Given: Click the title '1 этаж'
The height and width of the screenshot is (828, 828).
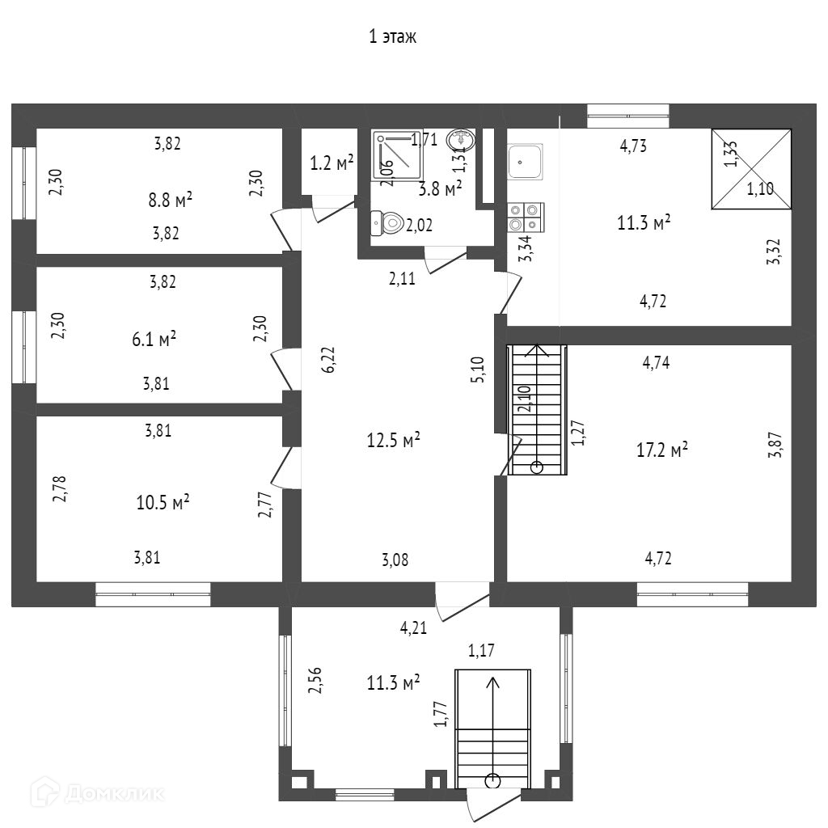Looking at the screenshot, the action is tap(392, 36).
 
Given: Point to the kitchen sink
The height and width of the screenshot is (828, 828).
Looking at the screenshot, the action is tap(526, 162).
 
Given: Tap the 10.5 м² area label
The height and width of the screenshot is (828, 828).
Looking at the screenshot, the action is tap(163, 503).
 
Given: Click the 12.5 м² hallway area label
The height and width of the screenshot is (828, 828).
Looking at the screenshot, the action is tap(393, 441).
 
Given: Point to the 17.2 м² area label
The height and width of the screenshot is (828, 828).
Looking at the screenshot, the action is tap(662, 449).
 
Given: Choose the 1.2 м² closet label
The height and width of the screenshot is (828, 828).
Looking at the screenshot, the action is tap(332, 163).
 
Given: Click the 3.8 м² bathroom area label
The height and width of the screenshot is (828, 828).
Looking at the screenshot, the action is tap(441, 189).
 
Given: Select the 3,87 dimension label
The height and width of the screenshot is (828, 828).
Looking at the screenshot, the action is tap(774, 446).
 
